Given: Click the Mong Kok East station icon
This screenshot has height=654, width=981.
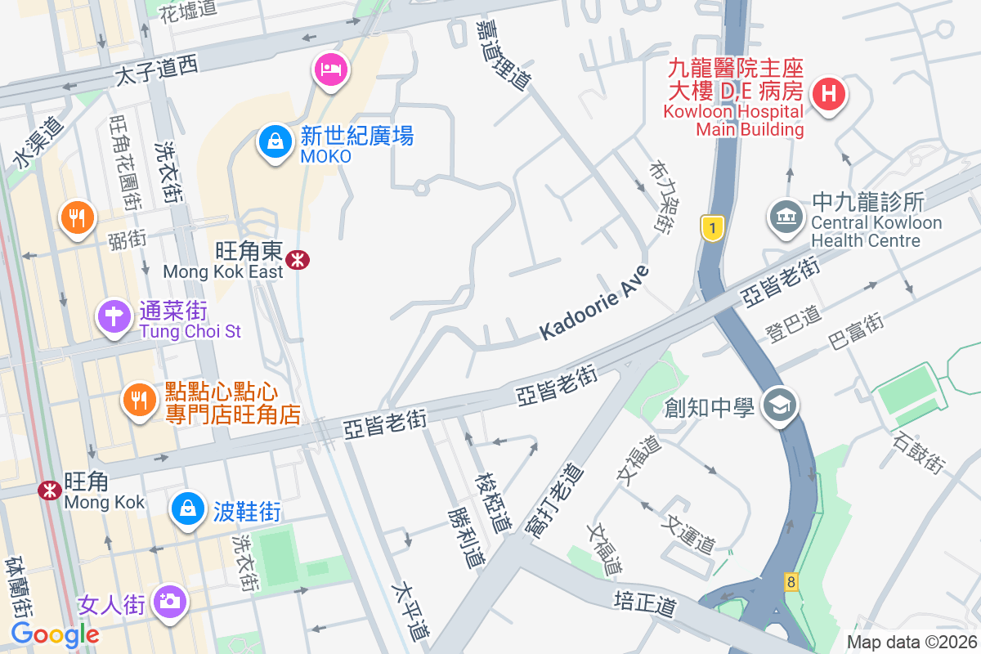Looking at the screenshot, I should tap(298, 260).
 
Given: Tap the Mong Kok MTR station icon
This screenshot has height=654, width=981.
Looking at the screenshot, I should tap(49, 490).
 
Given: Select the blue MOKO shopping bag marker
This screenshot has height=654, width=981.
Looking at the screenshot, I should tap(276, 141).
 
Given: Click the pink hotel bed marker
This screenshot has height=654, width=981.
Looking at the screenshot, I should tap(330, 69).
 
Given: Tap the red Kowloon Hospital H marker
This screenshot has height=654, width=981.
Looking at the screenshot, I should tap(827, 94).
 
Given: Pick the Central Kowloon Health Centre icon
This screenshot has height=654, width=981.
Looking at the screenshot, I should tap(786, 217).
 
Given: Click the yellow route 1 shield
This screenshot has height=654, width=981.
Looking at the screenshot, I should tap(713, 229).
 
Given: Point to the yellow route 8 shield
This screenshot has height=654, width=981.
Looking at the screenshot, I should tap(791, 582).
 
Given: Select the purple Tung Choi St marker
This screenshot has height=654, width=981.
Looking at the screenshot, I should tap(114, 316).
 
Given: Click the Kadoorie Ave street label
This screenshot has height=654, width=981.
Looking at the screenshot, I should tap(594, 303).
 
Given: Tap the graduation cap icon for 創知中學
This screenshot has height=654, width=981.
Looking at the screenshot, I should tap(778, 405).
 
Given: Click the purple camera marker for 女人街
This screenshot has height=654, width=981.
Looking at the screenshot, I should tap(170, 602).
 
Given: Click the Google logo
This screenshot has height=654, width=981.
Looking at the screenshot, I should tap(55, 634).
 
